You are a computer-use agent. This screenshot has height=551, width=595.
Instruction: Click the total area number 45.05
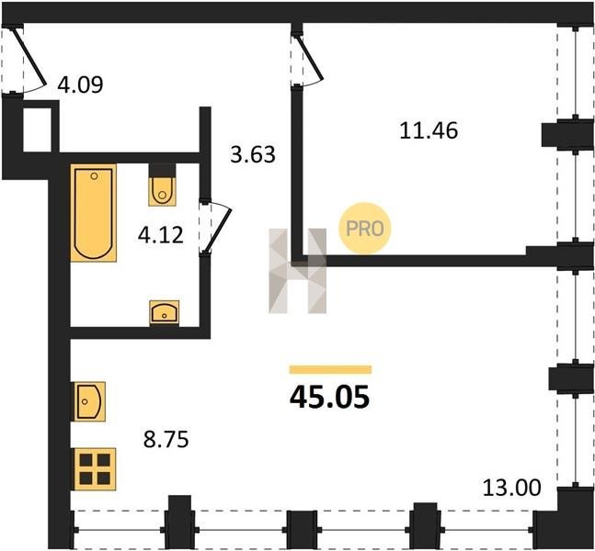click(329, 398)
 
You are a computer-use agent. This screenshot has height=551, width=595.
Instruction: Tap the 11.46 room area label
click(429, 130)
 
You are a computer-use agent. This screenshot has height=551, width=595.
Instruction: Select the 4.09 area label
click(80, 84)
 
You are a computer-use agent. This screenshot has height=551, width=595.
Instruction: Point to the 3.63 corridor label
click(253, 154)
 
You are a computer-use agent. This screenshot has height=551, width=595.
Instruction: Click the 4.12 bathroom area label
click(161, 235)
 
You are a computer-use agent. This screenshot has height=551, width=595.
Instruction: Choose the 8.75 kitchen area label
click(166, 440)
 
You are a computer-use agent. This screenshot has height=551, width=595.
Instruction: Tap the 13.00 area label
click(512, 488)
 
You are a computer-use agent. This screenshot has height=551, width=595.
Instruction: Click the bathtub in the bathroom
click(94, 213)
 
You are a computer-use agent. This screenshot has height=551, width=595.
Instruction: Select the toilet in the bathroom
click(162, 185)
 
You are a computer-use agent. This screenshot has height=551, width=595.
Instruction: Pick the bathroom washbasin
click(165, 312)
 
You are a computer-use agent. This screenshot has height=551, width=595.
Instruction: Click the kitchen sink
click(90, 401)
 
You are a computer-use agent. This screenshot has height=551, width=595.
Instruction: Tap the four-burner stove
click(96, 469)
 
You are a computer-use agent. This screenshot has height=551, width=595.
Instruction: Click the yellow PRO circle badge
click(365, 228)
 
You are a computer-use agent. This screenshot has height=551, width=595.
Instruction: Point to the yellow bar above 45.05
click(330, 369)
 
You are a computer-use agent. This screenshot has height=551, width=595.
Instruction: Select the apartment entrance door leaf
click(29, 56)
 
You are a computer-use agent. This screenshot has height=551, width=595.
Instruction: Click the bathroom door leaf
click(219, 231)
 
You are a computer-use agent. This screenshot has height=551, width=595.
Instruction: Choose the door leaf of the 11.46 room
click(310, 58)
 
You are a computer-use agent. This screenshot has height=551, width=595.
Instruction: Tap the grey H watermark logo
click(298, 271)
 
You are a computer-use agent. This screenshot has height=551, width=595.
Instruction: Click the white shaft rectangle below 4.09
click(37, 130)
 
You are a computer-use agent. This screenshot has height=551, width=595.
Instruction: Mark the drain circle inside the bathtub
click(94, 175)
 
